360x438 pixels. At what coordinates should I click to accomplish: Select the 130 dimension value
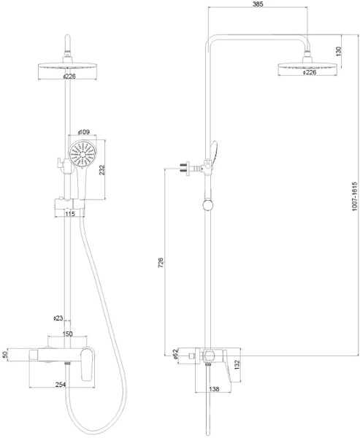337,53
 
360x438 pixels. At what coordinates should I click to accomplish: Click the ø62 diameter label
175,353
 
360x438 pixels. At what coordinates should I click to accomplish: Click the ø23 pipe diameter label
58,318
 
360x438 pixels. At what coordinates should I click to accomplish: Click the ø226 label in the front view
69,75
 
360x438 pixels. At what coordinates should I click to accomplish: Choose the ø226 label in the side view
309,72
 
